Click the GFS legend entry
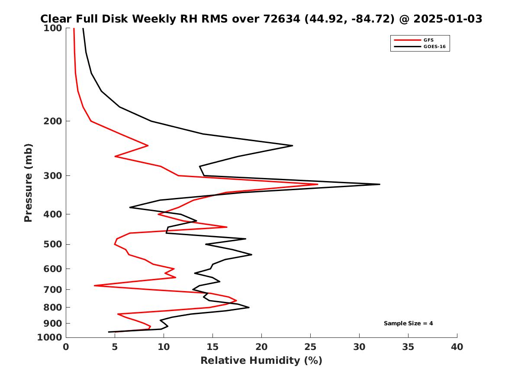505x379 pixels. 428,40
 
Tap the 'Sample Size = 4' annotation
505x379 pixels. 408,323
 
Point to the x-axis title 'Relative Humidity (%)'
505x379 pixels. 261,360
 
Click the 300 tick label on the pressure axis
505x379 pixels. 53,175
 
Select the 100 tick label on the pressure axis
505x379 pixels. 53,28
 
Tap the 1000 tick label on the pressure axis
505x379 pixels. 50,337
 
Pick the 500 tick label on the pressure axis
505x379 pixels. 53,244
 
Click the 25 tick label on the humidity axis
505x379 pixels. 310,347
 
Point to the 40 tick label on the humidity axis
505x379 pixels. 457,347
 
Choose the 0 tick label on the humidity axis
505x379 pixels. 66,347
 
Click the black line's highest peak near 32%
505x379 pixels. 380,185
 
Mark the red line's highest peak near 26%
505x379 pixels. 318,185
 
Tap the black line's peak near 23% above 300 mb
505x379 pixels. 293,146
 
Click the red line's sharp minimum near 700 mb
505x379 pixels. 94,285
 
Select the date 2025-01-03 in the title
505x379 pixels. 448,19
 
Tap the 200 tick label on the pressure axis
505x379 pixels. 53,121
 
